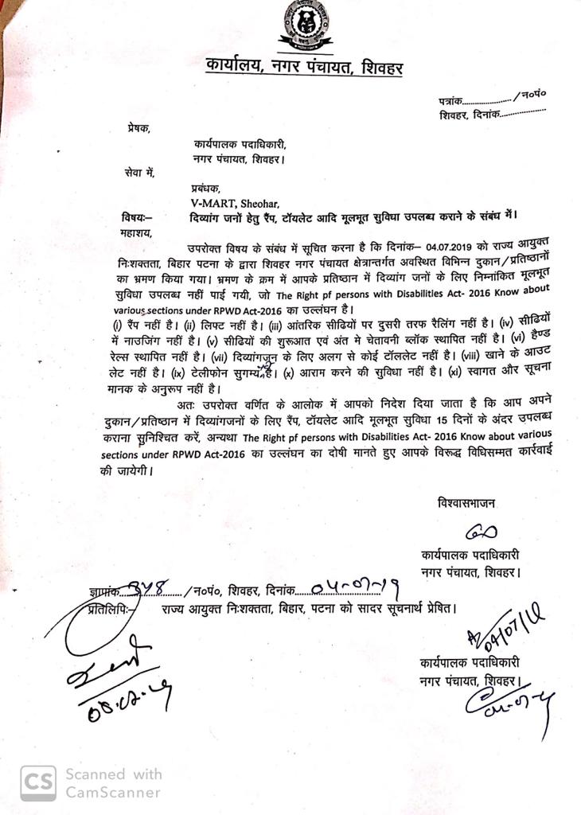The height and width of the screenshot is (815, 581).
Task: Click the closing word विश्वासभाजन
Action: pos(469,502)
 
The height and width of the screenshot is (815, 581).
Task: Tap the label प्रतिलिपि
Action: pos(109,610)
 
